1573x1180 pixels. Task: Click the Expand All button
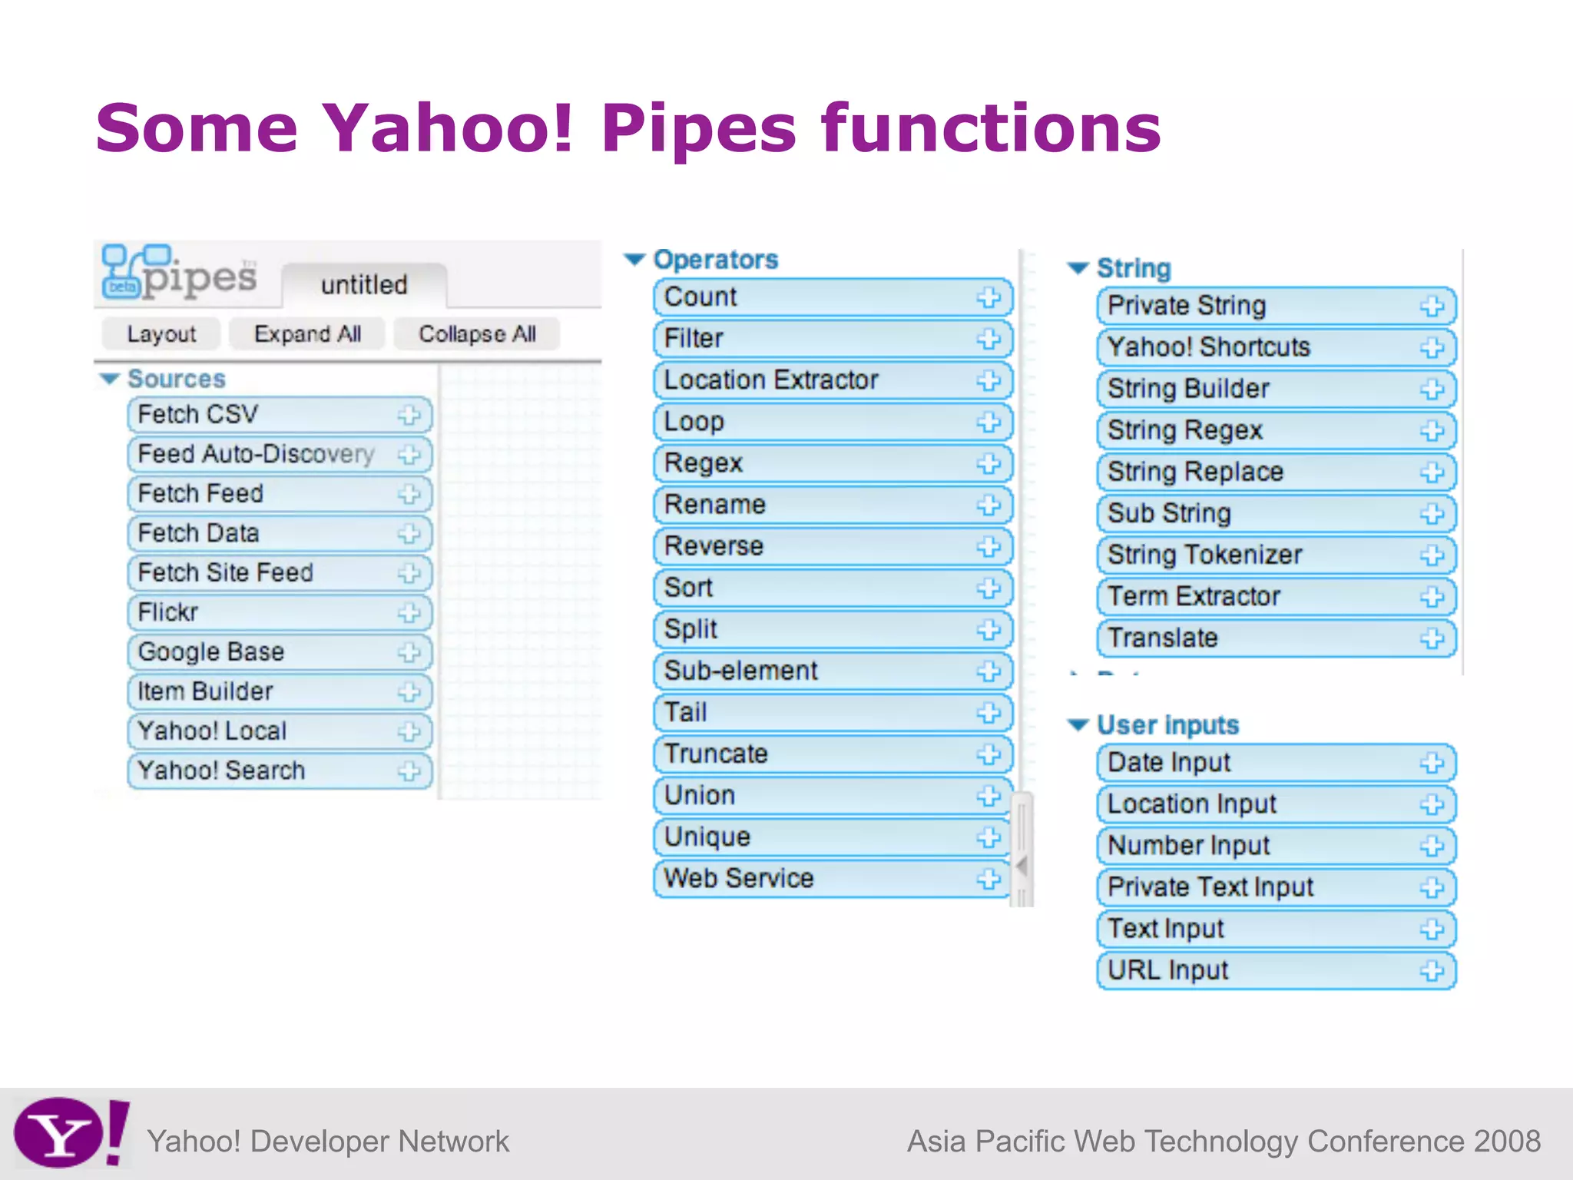[x=307, y=334]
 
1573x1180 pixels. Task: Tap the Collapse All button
[x=477, y=334]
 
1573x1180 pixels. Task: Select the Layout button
[x=161, y=334]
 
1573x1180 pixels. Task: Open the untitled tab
[x=364, y=285]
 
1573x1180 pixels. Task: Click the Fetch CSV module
[x=261, y=415]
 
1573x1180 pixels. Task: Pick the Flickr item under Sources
[x=261, y=612]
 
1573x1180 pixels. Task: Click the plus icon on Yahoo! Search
[x=409, y=771]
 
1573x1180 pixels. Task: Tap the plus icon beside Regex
[x=989, y=464]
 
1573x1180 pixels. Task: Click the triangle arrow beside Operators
[x=634, y=260]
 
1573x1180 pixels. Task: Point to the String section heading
[x=1134, y=268]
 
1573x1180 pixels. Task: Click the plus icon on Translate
[x=1432, y=638]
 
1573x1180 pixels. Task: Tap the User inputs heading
[x=1167, y=725]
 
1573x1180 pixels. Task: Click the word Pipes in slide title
[x=699, y=129]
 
